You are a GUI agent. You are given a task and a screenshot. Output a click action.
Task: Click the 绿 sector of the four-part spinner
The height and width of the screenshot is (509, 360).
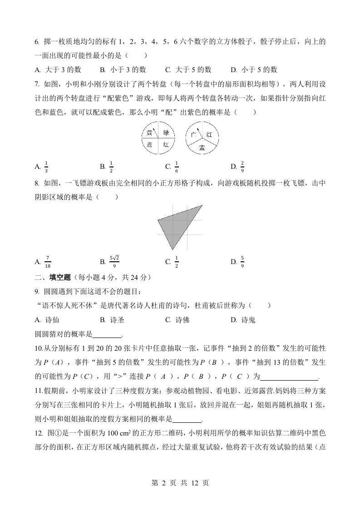pos(166,133)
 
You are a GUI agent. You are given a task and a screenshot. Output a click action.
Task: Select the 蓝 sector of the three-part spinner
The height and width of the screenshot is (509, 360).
pos(202,147)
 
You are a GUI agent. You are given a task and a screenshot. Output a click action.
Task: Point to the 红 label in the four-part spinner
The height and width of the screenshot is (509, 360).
pos(166,145)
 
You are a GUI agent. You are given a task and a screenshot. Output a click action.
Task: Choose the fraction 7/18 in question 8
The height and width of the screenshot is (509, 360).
pos(48,261)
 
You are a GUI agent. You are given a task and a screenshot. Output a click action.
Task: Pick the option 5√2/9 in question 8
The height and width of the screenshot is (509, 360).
pos(114,261)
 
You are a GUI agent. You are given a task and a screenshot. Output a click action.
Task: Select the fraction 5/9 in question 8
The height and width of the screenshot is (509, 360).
pos(242,261)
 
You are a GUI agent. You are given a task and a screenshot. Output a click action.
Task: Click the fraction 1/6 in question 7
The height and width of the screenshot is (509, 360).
pos(177,166)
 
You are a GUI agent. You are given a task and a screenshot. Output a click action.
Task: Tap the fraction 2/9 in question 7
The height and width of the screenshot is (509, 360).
pos(242,166)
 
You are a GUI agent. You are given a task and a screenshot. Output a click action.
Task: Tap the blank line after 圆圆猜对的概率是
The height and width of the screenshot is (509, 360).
pos(107,335)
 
